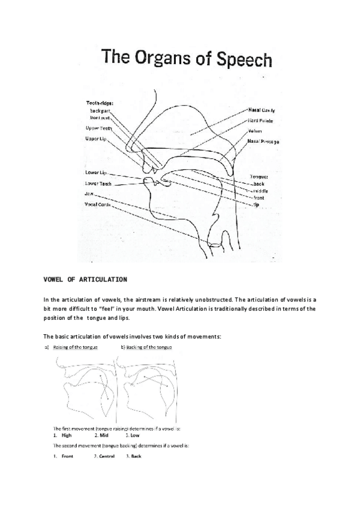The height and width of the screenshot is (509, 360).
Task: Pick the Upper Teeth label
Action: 98,128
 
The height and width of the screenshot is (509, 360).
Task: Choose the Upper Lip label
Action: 96,139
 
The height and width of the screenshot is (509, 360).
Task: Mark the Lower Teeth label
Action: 98,183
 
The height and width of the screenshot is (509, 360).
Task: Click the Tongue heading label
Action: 259,176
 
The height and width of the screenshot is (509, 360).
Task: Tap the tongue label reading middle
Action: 260,190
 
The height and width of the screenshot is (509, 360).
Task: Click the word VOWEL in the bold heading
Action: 55,280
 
